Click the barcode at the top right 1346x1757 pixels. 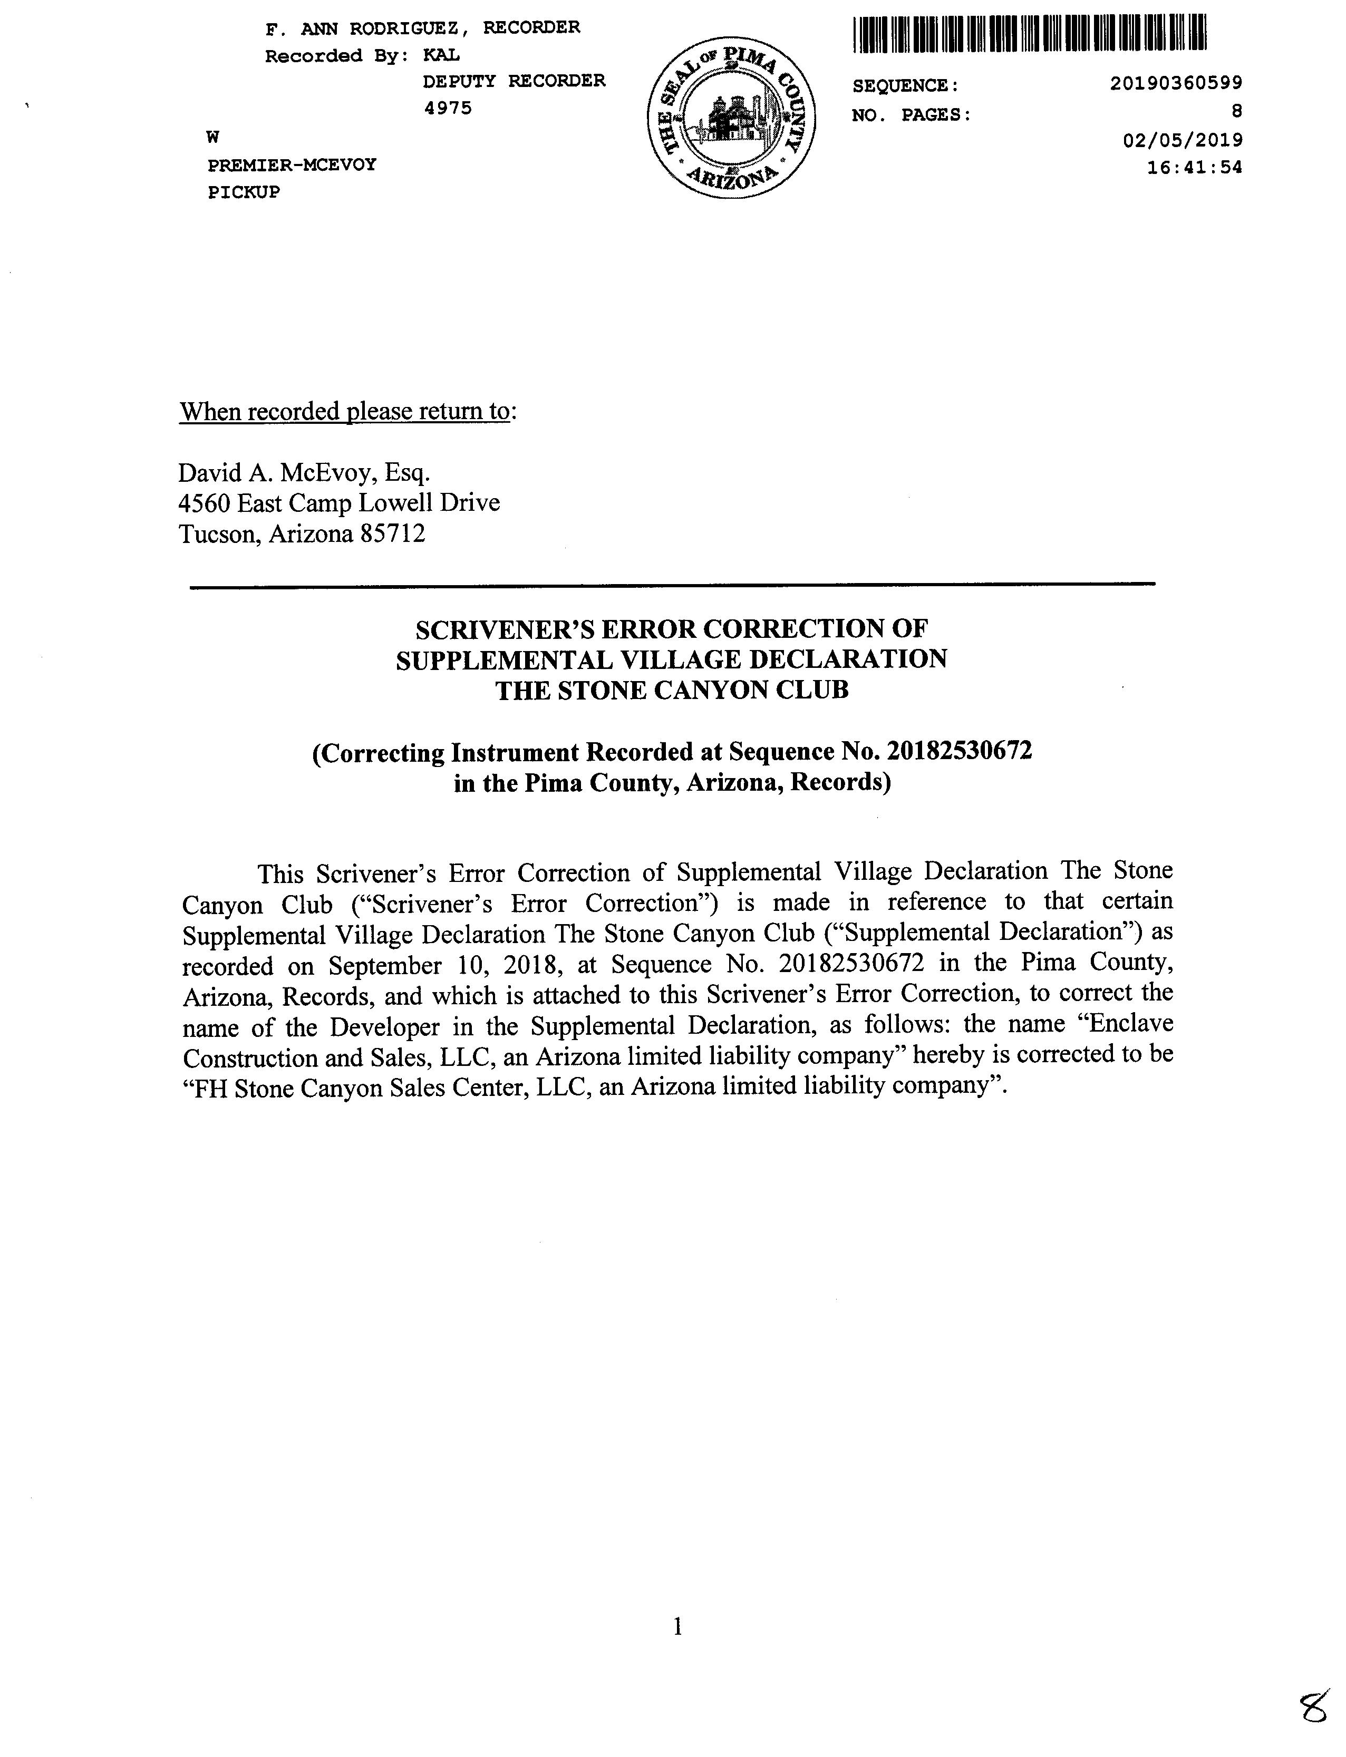click(1030, 34)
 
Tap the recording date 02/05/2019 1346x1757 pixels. click(1183, 140)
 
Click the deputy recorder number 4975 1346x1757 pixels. click(447, 108)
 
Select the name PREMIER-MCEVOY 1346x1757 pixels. click(292, 165)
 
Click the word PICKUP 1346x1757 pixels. click(244, 192)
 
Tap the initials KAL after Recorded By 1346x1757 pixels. click(441, 55)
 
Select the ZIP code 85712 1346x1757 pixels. click(393, 533)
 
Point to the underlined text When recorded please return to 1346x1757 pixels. click(344, 411)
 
